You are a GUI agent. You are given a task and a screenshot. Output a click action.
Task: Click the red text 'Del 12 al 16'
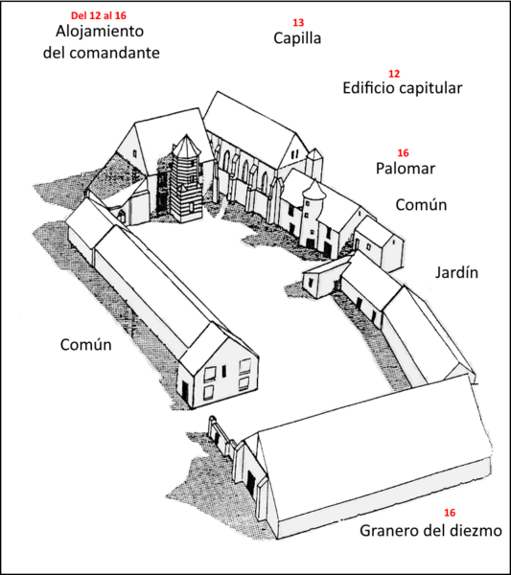click(99, 15)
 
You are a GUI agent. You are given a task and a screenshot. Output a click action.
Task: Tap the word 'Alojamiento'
click(100, 32)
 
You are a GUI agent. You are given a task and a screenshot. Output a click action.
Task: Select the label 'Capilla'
click(297, 38)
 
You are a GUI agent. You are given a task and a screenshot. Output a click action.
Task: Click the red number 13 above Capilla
click(298, 23)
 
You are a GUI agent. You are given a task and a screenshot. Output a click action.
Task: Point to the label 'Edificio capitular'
click(403, 88)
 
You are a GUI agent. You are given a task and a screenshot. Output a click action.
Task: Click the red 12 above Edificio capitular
click(394, 74)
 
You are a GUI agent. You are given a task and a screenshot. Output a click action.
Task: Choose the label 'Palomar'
click(406, 169)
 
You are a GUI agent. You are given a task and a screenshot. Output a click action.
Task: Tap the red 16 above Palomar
click(404, 153)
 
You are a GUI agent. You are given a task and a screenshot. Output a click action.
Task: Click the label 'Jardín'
click(456, 273)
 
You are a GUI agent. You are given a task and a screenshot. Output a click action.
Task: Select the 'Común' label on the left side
click(86, 345)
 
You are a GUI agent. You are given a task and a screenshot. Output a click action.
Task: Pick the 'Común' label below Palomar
click(421, 205)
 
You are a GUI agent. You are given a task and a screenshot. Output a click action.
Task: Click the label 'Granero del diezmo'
click(431, 531)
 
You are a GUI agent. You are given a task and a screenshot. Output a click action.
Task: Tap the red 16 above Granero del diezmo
click(450, 513)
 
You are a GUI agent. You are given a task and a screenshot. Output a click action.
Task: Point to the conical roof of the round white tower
click(314, 190)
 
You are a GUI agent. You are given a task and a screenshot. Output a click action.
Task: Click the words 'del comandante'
click(102, 53)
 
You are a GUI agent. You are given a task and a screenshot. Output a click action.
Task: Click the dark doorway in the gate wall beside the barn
click(251, 483)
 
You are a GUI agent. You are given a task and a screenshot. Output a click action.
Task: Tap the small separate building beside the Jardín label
click(379, 242)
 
